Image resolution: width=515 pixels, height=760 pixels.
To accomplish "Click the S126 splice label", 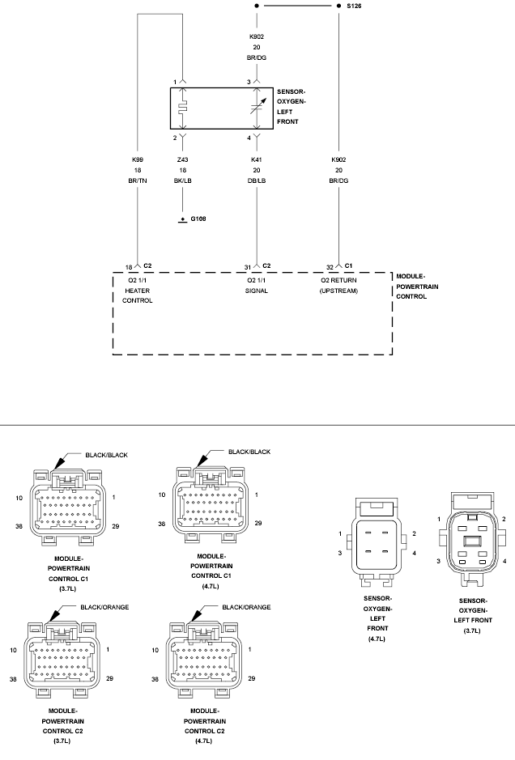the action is (x=354, y=6).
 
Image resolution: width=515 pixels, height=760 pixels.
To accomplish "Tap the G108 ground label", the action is (x=198, y=219).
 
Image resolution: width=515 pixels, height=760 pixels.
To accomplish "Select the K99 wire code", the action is (x=138, y=159).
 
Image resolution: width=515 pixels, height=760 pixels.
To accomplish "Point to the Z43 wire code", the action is (x=183, y=159).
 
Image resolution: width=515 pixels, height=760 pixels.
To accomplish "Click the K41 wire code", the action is (x=257, y=159).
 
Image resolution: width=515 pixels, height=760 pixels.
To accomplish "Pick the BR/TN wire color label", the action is (x=138, y=180).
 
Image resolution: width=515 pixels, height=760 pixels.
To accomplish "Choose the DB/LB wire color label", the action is (x=257, y=180).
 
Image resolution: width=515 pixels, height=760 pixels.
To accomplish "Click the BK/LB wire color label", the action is (x=183, y=180).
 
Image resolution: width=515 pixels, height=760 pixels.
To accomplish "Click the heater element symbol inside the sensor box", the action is (x=182, y=108).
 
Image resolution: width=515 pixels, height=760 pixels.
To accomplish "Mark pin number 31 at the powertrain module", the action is (x=247, y=268).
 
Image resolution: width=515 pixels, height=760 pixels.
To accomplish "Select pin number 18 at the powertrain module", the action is (x=129, y=268).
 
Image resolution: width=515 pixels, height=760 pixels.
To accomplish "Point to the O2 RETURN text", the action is (x=338, y=280).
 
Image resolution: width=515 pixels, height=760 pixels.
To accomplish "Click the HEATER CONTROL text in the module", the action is (x=138, y=295).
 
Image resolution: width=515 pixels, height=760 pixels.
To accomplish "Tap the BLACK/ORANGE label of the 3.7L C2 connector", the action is (x=104, y=607).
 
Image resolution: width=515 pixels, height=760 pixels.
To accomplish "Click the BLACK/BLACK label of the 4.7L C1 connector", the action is (x=249, y=452).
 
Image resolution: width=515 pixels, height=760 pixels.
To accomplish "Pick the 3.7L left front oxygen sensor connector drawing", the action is (x=472, y=538).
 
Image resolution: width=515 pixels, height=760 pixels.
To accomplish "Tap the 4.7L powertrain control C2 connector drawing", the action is (x=204, y=660).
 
